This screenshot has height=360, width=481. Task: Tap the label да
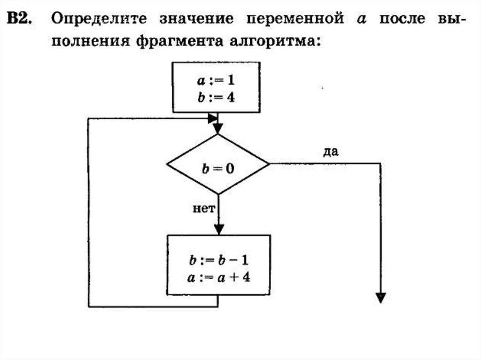pyautogui.click(x=332, y=152)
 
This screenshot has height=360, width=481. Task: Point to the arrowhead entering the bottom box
pyautogui.click(x=218, y=229)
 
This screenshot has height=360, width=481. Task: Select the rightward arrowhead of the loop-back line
pyautogui.click(x=213, y=117)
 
